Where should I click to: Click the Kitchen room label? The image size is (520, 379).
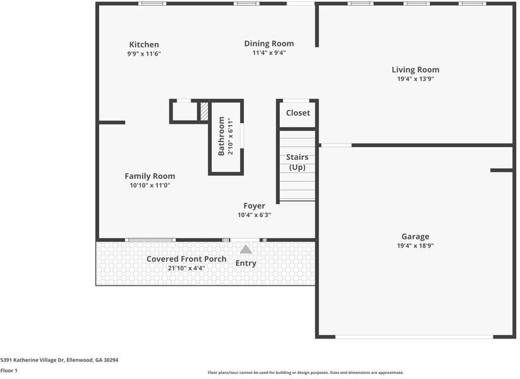pos(144,45)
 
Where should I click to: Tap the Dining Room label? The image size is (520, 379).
pos(269,44)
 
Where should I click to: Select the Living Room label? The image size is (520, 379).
pos(415,70)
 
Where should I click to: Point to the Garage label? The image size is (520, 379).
pos(415,237)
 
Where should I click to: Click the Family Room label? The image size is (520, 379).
pos(150,176)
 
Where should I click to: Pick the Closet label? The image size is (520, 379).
pos(298,113)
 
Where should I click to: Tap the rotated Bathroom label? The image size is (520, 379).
pos(222,136)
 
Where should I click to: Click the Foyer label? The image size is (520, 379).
pos(255,206)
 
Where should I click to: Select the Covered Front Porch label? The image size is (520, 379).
pos(186,259)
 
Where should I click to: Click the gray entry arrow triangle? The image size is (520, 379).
pos(246,250)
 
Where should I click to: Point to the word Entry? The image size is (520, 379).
pos(246,263)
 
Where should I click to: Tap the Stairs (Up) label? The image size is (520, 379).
pos(297,162)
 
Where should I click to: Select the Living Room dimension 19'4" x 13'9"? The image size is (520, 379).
pos(415,79)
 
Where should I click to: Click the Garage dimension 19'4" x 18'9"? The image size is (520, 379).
pos(415,246)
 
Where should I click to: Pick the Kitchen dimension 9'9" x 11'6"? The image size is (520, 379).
pos(144,54)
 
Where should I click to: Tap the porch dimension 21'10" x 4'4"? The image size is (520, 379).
pos(186,268)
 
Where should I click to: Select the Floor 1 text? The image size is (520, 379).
pos(9,371)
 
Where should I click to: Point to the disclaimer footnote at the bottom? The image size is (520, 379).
pos(306,373)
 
